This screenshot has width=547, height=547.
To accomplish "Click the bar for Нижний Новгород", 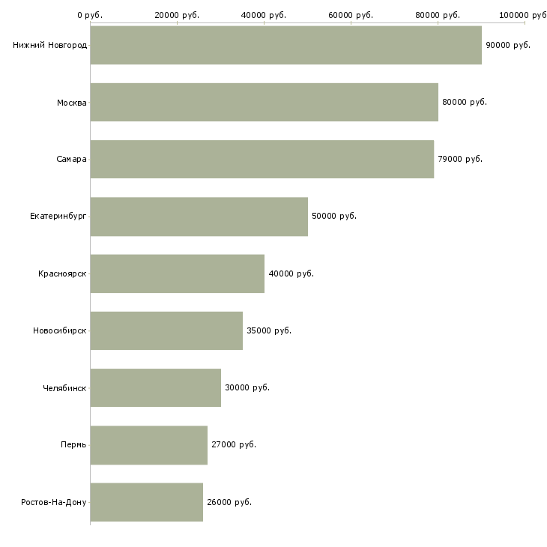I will [285, 45].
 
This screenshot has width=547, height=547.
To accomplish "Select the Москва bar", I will [264, 102].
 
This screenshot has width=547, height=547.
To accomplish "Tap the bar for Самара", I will [262, 159].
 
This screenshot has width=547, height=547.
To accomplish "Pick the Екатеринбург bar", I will [199, 217].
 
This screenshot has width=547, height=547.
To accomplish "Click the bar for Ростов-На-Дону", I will [146, 502].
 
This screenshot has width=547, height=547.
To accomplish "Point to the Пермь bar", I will [148, 445].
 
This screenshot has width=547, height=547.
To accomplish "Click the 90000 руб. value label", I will [507, 45].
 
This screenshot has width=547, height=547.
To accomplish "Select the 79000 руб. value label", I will [459, 159].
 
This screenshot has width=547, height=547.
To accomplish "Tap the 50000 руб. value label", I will [333, 217].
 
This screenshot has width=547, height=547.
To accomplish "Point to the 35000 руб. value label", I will [268, 330].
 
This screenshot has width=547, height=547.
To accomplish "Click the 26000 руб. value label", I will [229, 502].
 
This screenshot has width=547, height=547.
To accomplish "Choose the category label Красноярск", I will [62, 273].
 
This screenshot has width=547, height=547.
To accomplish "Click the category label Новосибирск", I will [59, 330].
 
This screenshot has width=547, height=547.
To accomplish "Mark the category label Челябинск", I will [64, 387].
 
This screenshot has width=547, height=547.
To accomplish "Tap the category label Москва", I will [72, 102].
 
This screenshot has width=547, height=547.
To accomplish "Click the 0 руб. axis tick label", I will [90, 15].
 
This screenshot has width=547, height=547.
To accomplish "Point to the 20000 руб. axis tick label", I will [177, 15].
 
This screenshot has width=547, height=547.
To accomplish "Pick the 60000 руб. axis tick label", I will [351, 15].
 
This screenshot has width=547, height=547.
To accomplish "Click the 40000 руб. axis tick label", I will [264, 15].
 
